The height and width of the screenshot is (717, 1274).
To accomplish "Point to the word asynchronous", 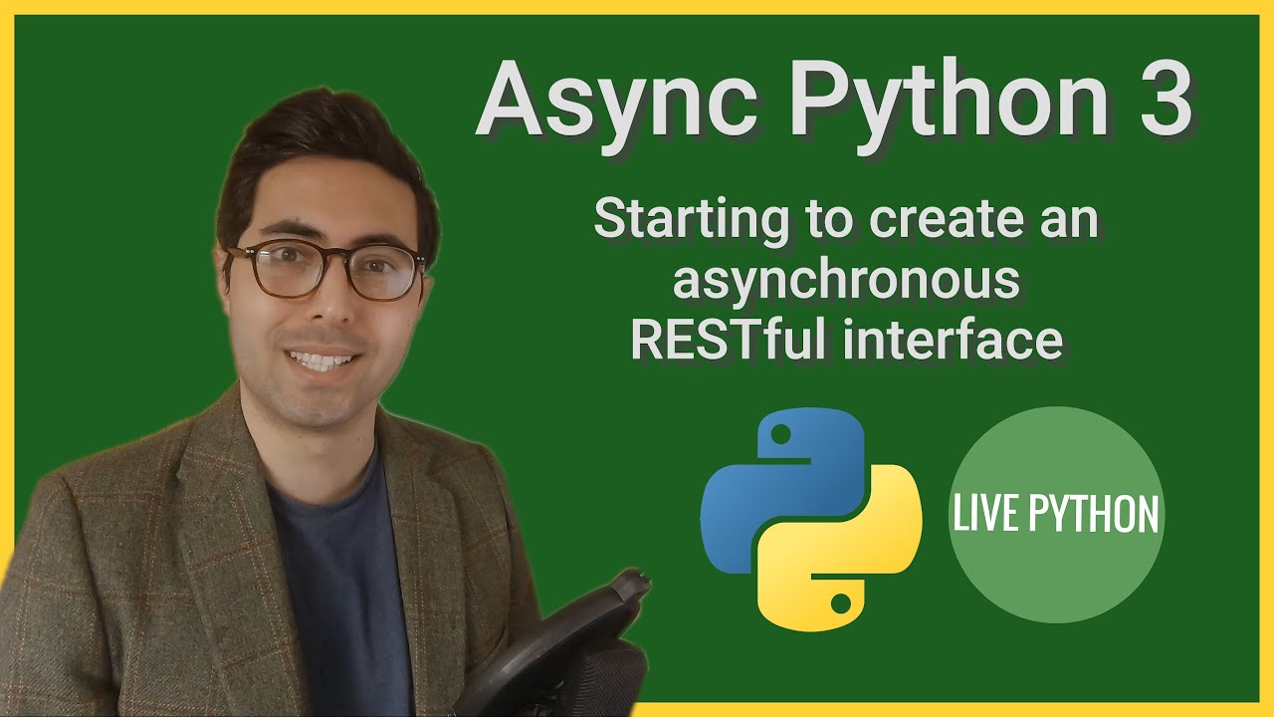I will pyautogui.click(x=846, y=280).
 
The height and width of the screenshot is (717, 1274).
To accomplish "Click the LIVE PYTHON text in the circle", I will pyautogui.click(x=1056, y=515).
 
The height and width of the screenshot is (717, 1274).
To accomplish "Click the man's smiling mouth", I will pyautogui.click(x=320, y=358).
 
